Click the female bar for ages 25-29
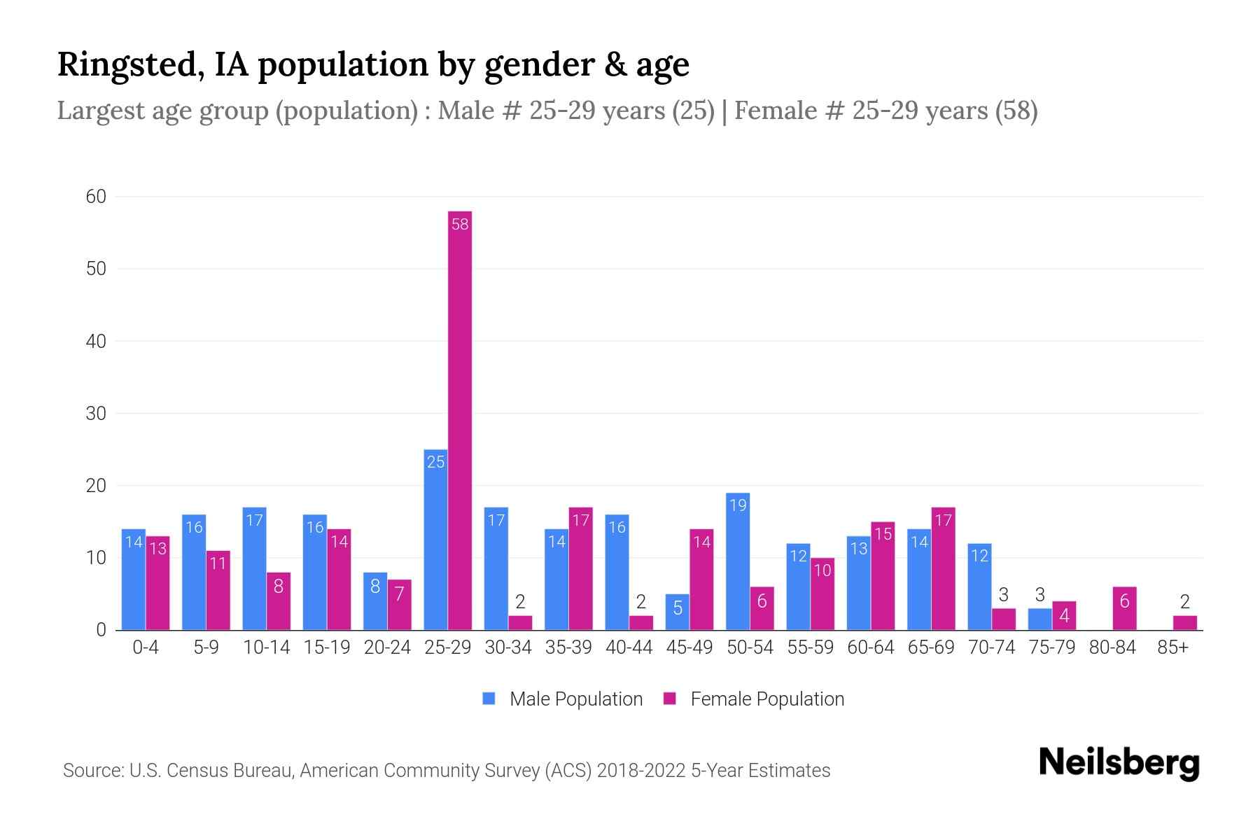[x=460, y=420]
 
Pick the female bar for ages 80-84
[x=1124, y=608]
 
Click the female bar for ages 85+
[x=1184, y=622]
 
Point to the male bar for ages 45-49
[x=677, y=612]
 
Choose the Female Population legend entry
[x=753, y=699]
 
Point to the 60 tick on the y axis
[x=96, y=197]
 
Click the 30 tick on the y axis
[x=96, y=414]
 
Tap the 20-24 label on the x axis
[x=387, y=647]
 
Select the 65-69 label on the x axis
[x=931, y=647]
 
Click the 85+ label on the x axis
[x=1172, y=647]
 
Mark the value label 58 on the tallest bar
[x=460, y=225]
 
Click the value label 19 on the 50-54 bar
[x=738, y=505]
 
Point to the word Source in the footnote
[x=91, y=771]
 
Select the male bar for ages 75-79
[x=1039, y=619]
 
